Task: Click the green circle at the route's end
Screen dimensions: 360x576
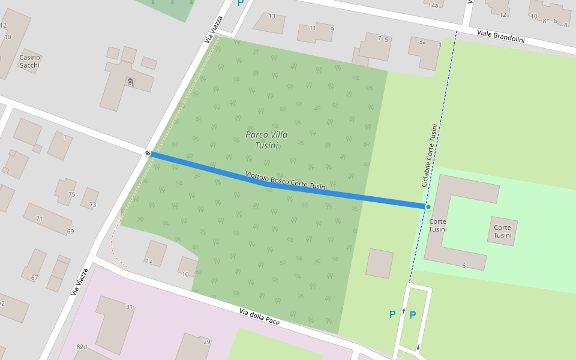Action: tap(428, 207)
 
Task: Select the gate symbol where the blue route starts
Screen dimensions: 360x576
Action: tap(148, 154)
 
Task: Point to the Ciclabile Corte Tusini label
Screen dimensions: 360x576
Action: tap(430, 155)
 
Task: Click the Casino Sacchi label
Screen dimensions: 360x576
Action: tap(29, 61)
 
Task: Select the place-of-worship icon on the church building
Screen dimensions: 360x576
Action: tap(130, 82)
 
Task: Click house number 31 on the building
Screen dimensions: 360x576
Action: tap(129, 307)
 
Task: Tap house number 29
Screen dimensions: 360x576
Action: tap(206, 341)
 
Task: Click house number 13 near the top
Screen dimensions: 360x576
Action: tap(272, 16)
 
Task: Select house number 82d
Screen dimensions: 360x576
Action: tap(82, 347)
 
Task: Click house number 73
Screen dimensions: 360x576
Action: tap(93, 205)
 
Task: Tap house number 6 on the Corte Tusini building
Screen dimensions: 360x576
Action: tap(464, 265)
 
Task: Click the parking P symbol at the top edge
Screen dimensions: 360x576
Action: tap(241, 3)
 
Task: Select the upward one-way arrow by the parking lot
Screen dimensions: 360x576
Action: tap(403, 311)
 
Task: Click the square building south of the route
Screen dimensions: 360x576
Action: tap(379, 263)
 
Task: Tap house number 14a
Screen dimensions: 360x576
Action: tap(433, 5)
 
